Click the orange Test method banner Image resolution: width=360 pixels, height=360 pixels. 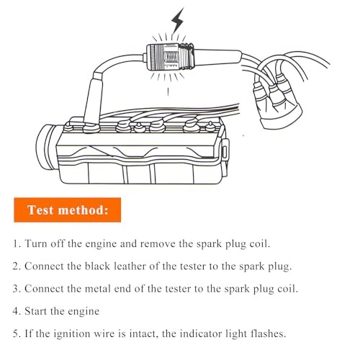(67, 210)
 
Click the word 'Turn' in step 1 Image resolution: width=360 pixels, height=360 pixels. (38, 244)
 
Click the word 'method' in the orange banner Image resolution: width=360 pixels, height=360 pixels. (86, 210)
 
